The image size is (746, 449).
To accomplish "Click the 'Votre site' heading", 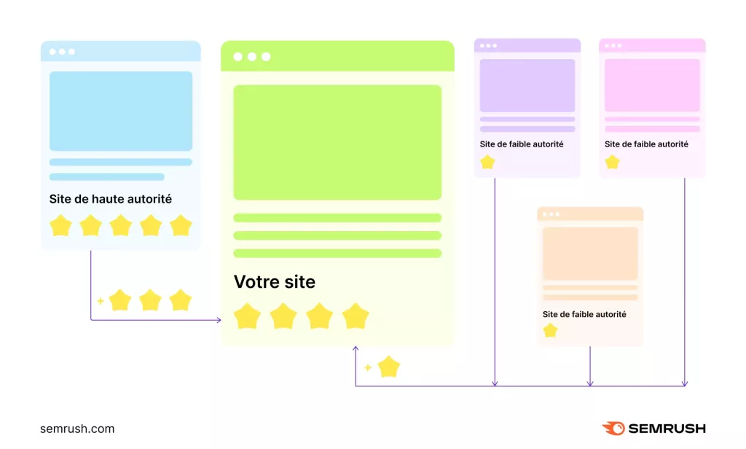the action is pos(274,282).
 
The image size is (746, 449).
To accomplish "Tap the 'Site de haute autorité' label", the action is pos(111,199).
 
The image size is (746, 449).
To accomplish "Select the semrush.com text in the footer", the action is pos(77,429).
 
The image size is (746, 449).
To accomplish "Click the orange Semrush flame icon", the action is pos(613,428).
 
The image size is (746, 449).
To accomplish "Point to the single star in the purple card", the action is pos(487,163).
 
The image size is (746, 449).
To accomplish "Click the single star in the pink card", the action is pos(612,163).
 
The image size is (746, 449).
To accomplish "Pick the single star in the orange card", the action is pos(550,330).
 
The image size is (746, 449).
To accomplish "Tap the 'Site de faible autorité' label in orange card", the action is pos(584,314).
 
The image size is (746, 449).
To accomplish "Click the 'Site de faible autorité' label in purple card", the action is pos(522,144).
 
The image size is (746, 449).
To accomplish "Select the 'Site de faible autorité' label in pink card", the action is pos(646,144).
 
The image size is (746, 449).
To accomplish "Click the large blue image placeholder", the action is pos(121,111).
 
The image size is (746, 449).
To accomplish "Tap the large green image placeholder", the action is pos(337,142).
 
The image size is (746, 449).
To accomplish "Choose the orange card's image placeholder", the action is pos(590,254).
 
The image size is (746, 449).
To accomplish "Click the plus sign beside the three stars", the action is pos(101,301).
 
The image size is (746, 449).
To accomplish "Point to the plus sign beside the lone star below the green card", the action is pos(368,367).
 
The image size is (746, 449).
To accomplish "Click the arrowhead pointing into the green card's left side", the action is pos(219,320).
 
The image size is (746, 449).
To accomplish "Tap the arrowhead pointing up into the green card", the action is pos(356,349).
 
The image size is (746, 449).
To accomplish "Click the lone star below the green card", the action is pos(389,367).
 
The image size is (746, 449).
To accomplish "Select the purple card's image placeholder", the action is pos(527,85).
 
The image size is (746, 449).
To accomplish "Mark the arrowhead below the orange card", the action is pos(590,383).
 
